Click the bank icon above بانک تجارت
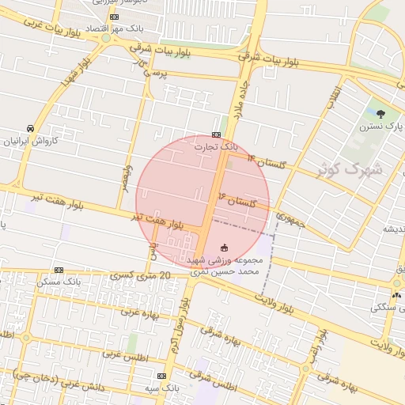(216, 135)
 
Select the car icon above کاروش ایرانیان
(29, 128)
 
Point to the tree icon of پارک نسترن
(381, 115)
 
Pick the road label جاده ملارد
(240, 102)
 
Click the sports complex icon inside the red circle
(224, 247)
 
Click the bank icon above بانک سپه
(161, 377)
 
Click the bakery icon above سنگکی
(396, 294)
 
